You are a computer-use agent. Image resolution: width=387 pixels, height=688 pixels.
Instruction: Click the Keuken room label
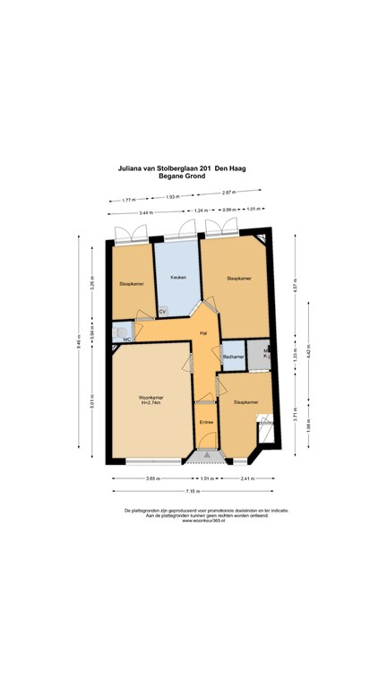[178, 278]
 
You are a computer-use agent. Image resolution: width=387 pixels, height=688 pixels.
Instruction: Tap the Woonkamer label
[150, 397]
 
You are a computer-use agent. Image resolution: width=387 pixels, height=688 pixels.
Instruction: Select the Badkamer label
[233, 357]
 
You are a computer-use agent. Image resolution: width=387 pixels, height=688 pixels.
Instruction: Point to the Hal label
[204, 332]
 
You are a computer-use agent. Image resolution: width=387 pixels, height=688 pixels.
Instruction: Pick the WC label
[127, 340]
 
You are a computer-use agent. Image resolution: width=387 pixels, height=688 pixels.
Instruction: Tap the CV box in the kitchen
[162, 311]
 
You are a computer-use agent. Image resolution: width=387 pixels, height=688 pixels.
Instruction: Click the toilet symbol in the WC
[120, 331]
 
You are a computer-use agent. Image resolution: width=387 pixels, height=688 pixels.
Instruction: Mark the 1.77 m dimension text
[127, 200]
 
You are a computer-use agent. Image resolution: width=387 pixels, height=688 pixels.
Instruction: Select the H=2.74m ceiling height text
[150, 403]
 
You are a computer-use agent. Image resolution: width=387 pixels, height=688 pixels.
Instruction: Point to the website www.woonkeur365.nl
[193, 520]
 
